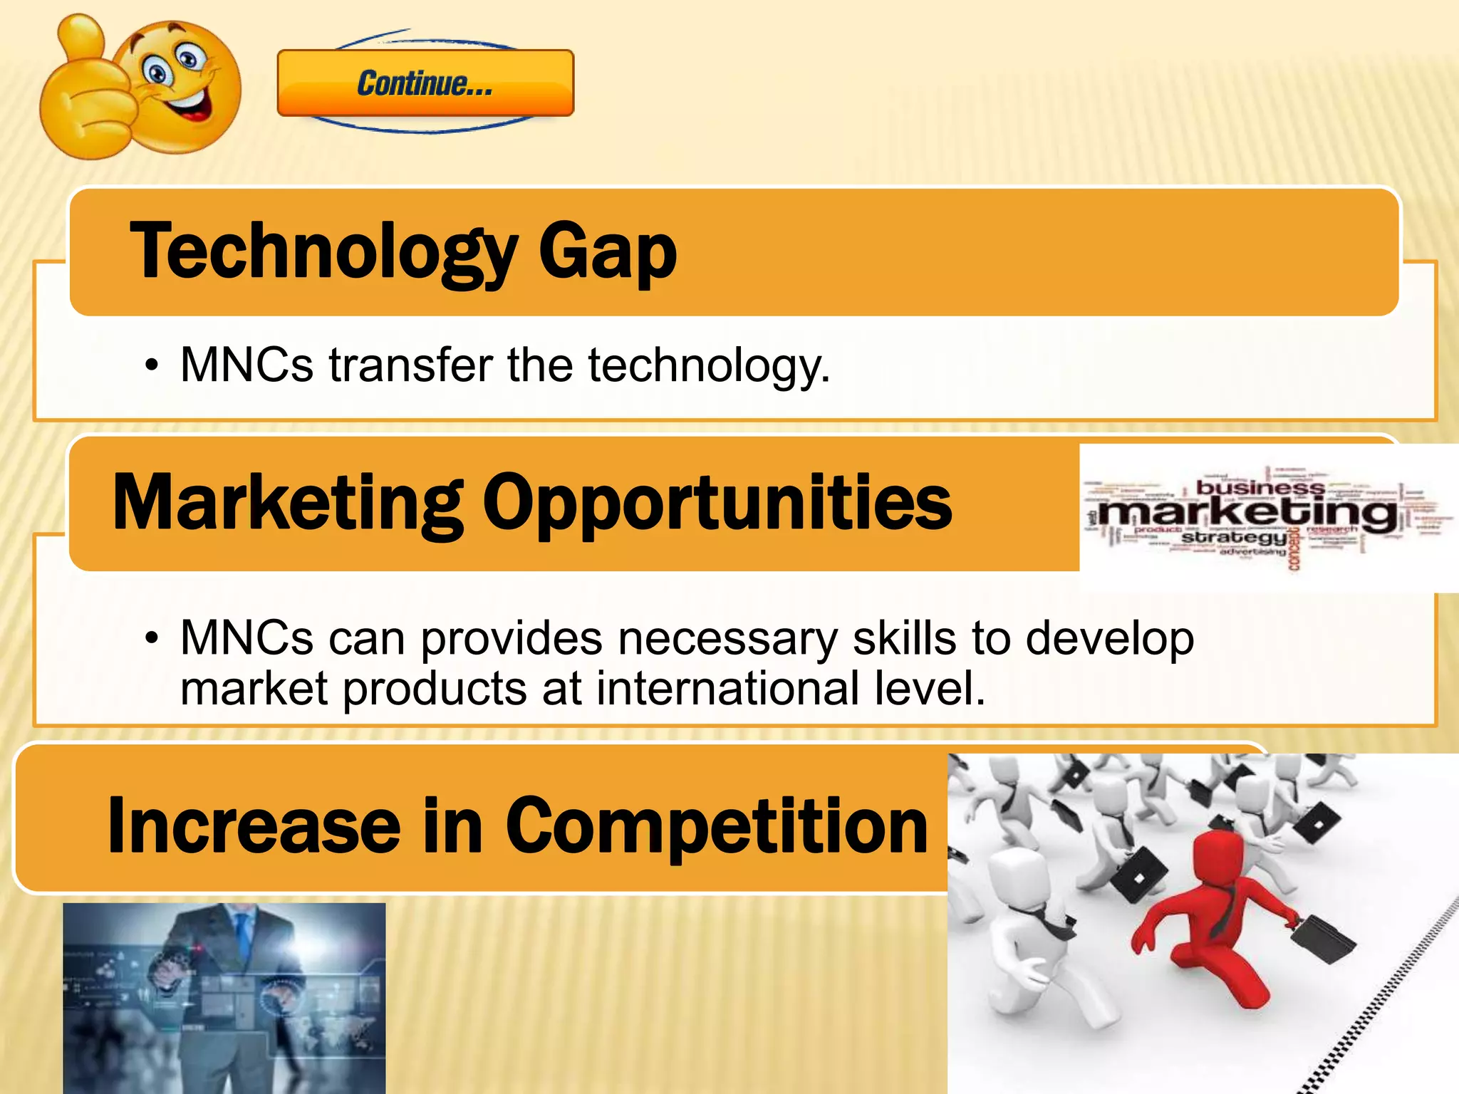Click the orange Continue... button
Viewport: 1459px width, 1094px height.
coord(425,83)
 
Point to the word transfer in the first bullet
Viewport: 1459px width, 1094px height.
coord(410,365)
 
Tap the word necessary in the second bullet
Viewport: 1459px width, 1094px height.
coord(727,638)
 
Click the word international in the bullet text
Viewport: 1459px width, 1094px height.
coord(727,689)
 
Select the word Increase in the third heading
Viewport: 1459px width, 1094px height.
coord(254,825)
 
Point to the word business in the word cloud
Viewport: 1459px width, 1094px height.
coord(1260,488)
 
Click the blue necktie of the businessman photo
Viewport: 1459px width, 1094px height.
coord(243,933)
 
